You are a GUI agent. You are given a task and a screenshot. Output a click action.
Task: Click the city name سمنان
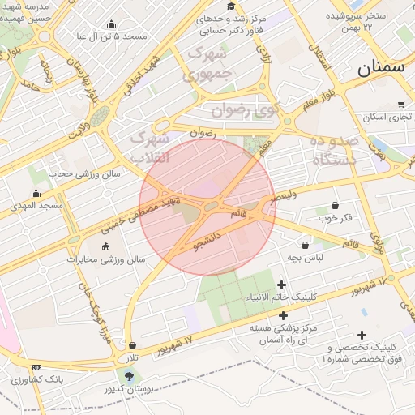(x=380, y=67)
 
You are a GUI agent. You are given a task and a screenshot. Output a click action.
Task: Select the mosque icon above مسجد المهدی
(x=36, y=193)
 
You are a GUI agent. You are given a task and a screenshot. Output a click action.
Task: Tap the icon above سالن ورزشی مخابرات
(x=105, y=246)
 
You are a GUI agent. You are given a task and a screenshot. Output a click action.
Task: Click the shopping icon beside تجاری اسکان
(x=401, y=105)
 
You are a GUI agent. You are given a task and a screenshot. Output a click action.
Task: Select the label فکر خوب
(x=335, y=218)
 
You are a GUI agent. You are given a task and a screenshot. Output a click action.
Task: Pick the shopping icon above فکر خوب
(x=335, y=205)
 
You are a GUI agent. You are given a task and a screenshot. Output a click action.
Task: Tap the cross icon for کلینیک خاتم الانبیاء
(x=281, y=285)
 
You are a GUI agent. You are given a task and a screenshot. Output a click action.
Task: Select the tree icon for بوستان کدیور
(x=130, y=374)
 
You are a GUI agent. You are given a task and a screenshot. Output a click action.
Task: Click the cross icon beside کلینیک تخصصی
(x=362, y=335)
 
